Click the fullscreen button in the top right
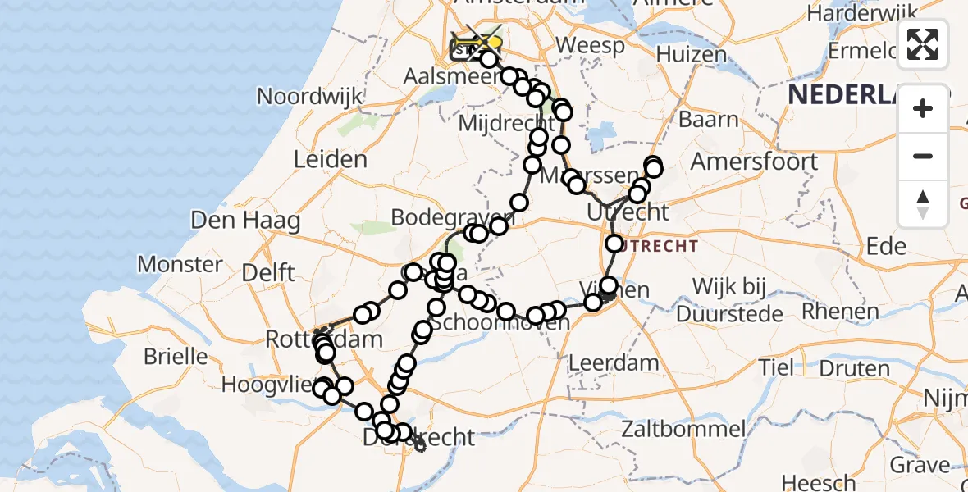click(x=923, y=44)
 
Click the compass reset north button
click(x=923, y=204)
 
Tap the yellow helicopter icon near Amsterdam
click(x=484, y=42)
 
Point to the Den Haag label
click(x=245, y=220)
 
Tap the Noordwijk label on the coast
click(x=309, y=96)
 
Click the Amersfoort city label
click(x=754, y=161)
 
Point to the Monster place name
click(x=180, y=264)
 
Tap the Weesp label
click(x=591, y=45)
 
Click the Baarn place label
click(x=708, y=120)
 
